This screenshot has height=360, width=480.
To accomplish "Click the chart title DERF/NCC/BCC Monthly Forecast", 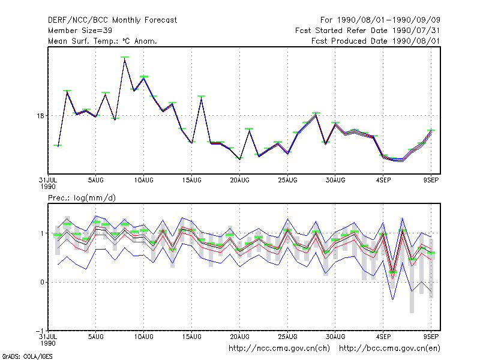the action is pos(112,20).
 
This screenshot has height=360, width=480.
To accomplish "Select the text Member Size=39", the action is pos(80,31).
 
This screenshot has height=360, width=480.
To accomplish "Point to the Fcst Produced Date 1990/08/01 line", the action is pos(376,41).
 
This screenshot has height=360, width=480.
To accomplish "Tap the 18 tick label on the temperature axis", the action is pos(41,116).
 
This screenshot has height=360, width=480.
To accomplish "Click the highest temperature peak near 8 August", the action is pos(125,58).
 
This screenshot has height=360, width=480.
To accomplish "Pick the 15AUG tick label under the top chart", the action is pos(191,181).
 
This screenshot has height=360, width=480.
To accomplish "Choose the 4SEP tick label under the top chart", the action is pos(383,181).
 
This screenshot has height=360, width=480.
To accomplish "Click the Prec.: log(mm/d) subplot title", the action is pos(82,198).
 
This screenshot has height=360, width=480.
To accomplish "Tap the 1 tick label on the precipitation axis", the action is pos(42,233).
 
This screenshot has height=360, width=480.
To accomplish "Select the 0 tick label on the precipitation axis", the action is pos(42,282).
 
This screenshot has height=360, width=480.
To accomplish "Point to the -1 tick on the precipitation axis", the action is pos(40,331).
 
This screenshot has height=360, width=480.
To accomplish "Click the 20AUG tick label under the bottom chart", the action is pos(239,337).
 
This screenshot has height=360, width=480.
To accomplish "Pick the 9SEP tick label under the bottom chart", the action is pos(431,337).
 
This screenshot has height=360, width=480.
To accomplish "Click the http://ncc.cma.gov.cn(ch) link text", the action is pos(279,349).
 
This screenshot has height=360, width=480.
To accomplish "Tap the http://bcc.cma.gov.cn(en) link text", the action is pos(389,349).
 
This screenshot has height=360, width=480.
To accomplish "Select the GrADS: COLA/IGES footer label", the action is pos(27,356).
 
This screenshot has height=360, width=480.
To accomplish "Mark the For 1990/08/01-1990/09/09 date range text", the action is pos(380,20).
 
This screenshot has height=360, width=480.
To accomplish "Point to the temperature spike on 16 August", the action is pos(201,97).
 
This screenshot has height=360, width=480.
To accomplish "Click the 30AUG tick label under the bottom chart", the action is pos(335,337).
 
